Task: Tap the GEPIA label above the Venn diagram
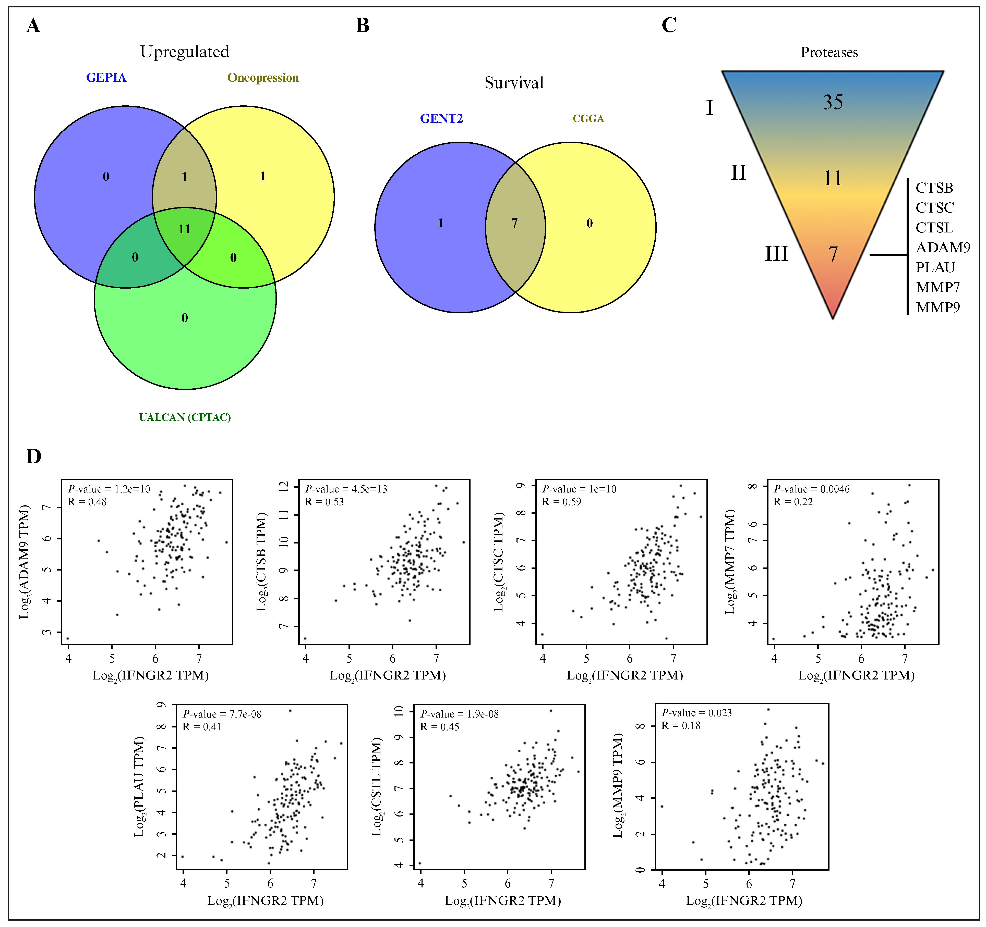click(106, 78)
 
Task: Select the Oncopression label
click(263, 78)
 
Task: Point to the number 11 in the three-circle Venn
click(185, 229)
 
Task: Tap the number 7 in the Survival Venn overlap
click(514, 224)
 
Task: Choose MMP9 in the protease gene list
click(937, 307)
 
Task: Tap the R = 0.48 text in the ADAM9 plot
click(87, 502)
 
